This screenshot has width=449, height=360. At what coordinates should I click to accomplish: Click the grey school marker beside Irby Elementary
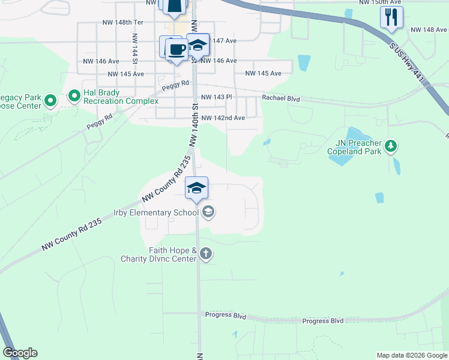point(208,212)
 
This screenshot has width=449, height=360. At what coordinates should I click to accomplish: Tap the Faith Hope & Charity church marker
point(206,254)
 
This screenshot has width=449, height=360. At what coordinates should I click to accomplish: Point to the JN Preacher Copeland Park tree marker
point(391,146)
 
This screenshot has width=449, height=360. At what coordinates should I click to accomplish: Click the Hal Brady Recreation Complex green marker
point(74,96)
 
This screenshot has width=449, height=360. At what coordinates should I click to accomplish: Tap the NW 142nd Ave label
point(223,118)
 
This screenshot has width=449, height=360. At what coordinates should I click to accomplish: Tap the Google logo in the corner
point(20,353)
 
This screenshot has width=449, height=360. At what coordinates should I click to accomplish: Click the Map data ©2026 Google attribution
point(412,355)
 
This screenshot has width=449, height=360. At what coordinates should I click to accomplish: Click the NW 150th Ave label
point(379,3)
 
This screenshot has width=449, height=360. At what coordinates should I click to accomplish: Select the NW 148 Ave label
point(429,29)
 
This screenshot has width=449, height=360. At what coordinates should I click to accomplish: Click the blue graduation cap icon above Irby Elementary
point(196,188)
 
